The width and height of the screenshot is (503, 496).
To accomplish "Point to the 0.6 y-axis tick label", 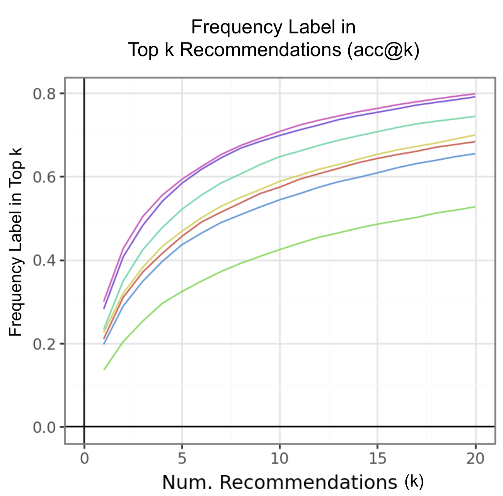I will pos(44,177).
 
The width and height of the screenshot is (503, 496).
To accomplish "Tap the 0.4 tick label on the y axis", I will pos(44,261).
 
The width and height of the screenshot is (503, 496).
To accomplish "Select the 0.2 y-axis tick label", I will pos(44,344).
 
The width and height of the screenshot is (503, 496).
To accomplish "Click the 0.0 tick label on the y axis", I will pos(44,427).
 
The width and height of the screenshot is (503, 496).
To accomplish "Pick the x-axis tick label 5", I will pos(182,458).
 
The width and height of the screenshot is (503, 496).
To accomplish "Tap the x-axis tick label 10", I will pos(279,458).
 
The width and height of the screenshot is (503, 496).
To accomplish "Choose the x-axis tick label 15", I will pos(377,458).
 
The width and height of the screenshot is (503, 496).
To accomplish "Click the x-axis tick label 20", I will pos(475,458).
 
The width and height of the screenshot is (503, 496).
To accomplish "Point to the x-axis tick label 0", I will pos(84,458).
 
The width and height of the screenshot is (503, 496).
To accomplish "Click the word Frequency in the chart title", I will pos(237,27).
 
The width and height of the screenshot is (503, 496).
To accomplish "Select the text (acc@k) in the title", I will pos(384,50).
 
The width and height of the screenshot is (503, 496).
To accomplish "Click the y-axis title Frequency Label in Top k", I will pos(16,242).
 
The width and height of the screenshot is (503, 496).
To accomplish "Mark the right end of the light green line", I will pos(475,207).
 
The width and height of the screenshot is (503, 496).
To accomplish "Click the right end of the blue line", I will pos(475,154).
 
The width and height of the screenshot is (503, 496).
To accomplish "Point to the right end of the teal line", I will pos(475,116).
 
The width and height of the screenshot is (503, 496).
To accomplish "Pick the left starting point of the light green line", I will pos(104,370).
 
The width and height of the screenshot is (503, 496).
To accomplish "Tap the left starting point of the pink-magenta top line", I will pos(104,301).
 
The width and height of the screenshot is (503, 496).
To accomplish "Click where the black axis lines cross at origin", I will pos(84,427).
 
